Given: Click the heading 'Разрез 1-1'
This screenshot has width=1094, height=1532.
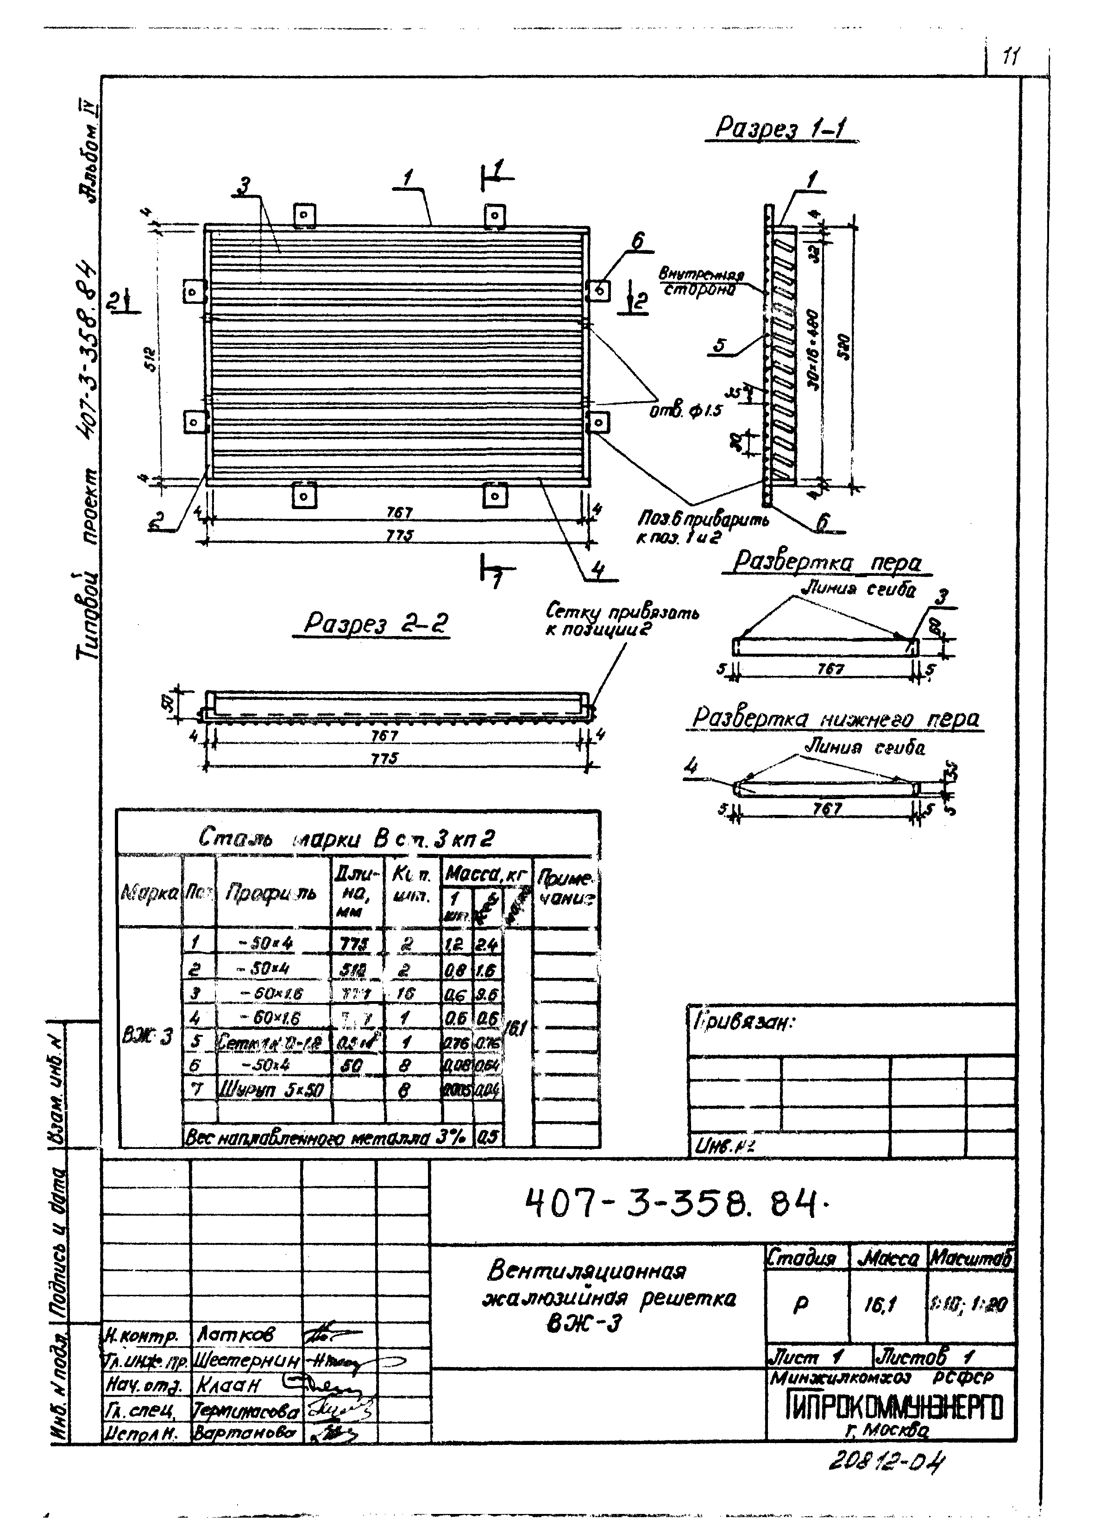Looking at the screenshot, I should pos(781,127).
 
